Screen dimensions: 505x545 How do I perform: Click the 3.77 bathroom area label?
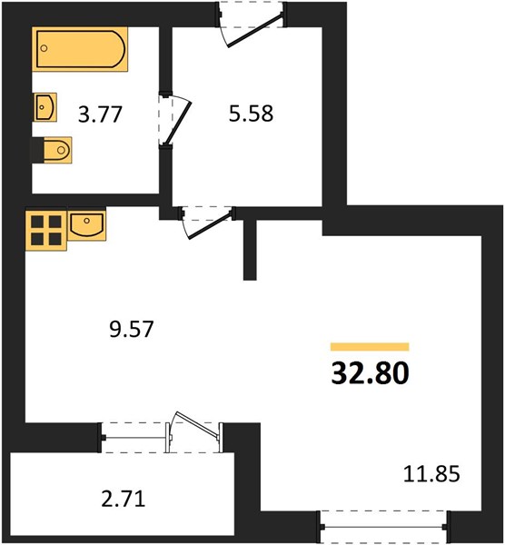tap(100, 114)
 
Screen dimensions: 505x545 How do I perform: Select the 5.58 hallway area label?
tap(251, 114)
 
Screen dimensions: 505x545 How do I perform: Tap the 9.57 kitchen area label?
tap(131, 329)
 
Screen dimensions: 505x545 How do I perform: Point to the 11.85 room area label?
tap(431, 473)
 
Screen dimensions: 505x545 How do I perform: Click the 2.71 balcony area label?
tap(123, 499)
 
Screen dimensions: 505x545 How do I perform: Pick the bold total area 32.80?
tap(370, 372)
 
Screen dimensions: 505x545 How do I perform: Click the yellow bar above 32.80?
tap(370, 347)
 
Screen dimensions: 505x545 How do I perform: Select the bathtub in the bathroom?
tap(80, 49)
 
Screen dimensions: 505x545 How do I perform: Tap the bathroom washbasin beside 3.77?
tap(45, 107)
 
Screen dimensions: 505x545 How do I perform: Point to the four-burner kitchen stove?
tap(46, 230)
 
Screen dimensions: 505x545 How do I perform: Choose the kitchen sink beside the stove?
tap(87, 225)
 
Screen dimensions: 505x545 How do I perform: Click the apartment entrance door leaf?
tap(255, 29)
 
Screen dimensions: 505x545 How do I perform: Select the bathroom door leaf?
tap(179, 123)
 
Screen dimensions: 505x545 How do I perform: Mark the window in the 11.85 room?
tap(384, 527)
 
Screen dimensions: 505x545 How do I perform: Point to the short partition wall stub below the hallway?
tap(250, 250)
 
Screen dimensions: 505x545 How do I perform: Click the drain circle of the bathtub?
tap(44, 48)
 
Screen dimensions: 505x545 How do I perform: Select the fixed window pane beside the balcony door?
tap(134, 437)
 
